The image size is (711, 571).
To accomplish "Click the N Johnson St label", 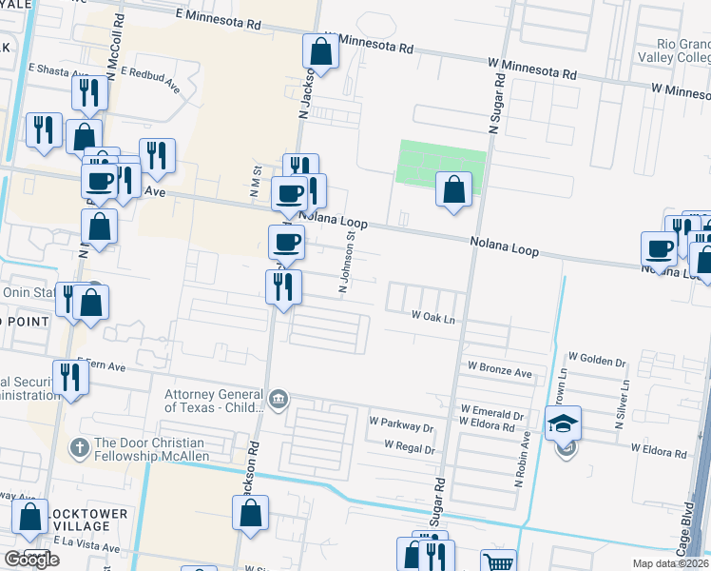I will point(350,262).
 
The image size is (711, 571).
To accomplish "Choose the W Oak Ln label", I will point(433,315).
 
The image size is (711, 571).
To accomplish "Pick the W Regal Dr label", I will point(410,447).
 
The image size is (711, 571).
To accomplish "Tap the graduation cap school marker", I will point(563,423).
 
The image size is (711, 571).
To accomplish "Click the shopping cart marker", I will point(497,562).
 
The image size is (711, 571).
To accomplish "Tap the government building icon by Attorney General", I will point(278,398).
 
